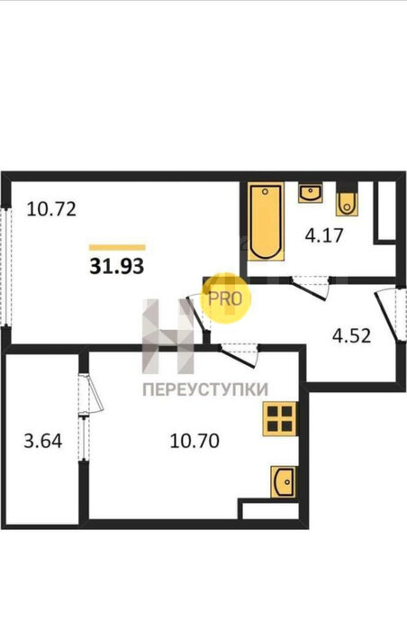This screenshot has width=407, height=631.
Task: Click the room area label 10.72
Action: pyautogui.click(x=51, y=209)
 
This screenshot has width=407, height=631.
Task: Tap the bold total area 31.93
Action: pyautogui.click(x=117, y=266)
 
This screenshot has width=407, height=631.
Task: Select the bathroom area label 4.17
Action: pyautogui.click(x=324, y=235)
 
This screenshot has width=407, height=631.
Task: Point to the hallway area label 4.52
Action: pyautogui.click(x=351, y=335)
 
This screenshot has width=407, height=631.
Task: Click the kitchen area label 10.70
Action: pyautogui.click(x=194, y=441)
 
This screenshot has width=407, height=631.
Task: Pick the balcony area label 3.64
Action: pyautogui.click(x=43, y=441)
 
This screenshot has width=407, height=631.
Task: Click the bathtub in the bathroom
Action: pyautogui.click(x=266, y=222)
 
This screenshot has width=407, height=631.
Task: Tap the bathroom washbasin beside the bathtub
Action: pyautogui.click(x=310, y=193)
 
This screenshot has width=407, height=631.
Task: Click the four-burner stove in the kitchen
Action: pyautogui.click(x=280, y=418)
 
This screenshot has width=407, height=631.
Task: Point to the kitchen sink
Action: pyautogui.click(x=284, y=481)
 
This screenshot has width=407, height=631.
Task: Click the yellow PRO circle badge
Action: pyautogui.click(x=226, y=298)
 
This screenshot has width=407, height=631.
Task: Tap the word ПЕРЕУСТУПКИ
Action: pyautogui.click(x=205, y=389)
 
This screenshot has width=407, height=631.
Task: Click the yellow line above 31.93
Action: pyautogui.click(x=117, y=248)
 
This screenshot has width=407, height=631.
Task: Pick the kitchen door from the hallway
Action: pyautogui.click(x=238, y=355)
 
